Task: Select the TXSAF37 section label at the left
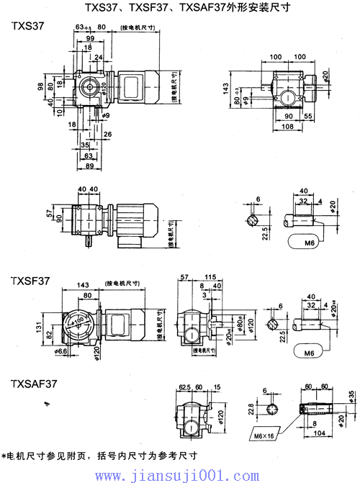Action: click(x=33, y=385)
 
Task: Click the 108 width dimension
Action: click(x=287, y=126)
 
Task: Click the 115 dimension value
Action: click(x=211, y=277)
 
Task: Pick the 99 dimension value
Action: click(x=89, y=37)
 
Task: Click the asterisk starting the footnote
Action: click(x=5, y=456)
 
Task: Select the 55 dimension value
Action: click(x=308, y=116)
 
